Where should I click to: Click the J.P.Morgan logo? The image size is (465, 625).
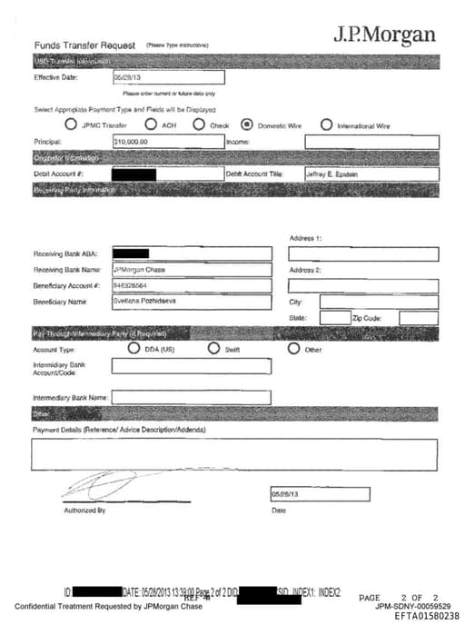(x=384, y=36)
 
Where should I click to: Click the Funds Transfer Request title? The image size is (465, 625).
(x=84, y=45)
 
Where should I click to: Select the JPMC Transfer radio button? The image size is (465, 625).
(x=72, y=125)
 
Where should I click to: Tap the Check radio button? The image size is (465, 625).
(x=199, y=125)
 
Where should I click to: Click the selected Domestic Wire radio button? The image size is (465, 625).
(x=247, y=125)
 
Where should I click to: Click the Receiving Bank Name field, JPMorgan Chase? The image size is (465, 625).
(x=191, y=270)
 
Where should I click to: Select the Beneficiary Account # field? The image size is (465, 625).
(x=191, y=286)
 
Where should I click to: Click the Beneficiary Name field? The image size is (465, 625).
(x=191, y=302)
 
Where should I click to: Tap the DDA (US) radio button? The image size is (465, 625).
(x=134, y=349)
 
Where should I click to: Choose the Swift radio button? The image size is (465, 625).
(x=214, y=349)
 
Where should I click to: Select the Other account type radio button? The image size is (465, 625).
(x=294, y=349)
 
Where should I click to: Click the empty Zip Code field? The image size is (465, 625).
(x=418, y=318)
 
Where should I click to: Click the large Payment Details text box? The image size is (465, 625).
(x=234, y=453)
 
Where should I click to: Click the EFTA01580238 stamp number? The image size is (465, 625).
(x=427, y=615)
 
